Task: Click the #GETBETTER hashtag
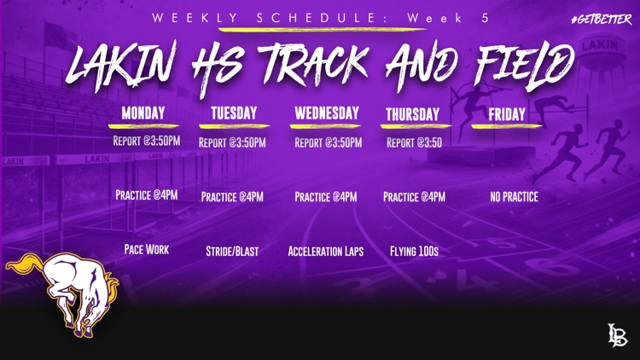click(602, 19)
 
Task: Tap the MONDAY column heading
click(143, 113)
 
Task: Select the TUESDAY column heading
click(234, 113)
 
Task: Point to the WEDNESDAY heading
click(327, 113)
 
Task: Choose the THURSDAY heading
click(413, 114)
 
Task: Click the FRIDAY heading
click(507, 114)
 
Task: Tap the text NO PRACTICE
click(515, 197)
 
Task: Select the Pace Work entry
click(147, 249)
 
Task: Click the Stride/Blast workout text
click(232, 251)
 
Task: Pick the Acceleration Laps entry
click(326, 251)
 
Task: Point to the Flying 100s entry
click(414, 251)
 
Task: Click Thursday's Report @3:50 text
click(414, 142)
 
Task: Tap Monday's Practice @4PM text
click(147, 195)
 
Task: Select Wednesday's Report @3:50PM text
click(329, 142)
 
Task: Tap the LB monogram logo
click(617, 334)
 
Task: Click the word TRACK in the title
click(313, 66)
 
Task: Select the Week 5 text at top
click(448, 19)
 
